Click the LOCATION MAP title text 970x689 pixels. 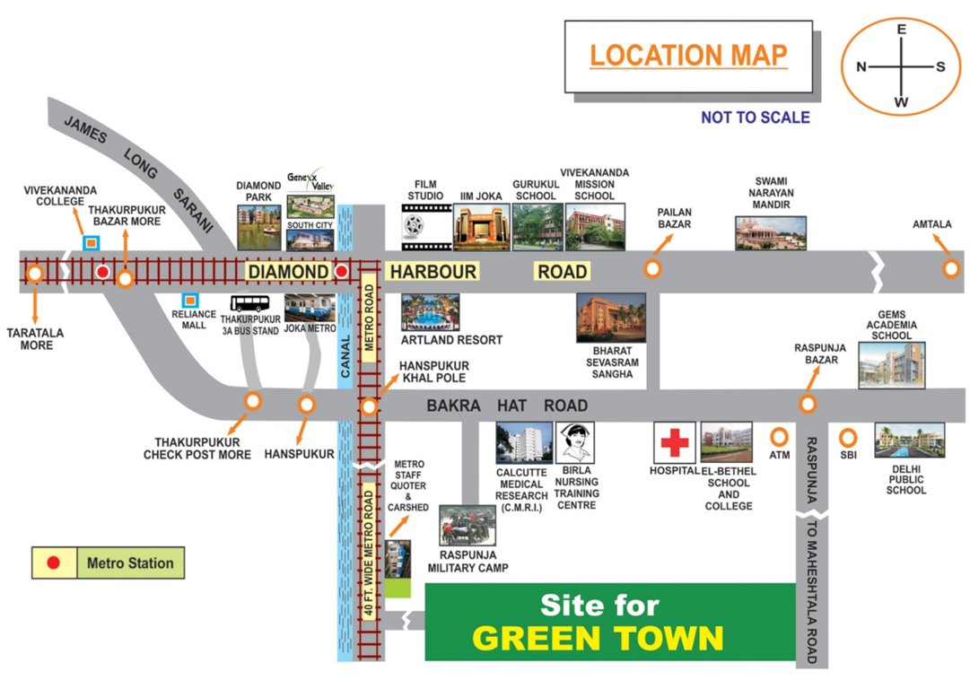(x=688, y=56)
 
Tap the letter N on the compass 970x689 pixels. (x=861, y=67)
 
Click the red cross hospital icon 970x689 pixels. (x=675, y=442)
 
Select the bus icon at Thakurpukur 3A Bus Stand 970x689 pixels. (x=249, y=304)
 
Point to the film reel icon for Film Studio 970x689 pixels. (x=424, y=227)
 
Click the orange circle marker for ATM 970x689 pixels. (x=779, y=437)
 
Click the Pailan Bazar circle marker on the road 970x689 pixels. (x=652, y=267)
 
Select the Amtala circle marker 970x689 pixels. (x=949, y=267)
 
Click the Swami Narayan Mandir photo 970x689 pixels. (x=770, y=232)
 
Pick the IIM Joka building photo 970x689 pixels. (x=481, y=227)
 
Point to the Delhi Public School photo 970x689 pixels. (x=909, y=440)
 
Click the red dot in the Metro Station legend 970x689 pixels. (x=53, y=563)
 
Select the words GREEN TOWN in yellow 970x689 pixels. (x=598, y=638)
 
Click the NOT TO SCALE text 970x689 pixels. (x=755, y=118)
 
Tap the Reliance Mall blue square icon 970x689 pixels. (x=189, y=300)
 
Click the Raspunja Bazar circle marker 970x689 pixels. (x=808, y=404)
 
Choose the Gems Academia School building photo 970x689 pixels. (x=891, y=364)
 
